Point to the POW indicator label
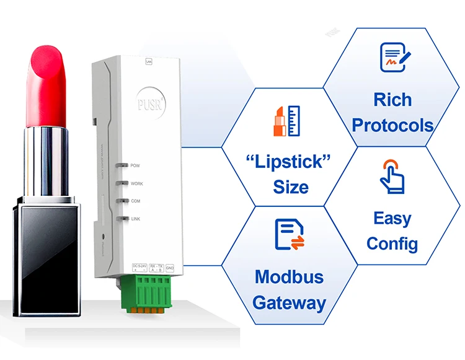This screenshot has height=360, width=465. coord(136,165)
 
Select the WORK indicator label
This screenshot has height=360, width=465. coord(137,183)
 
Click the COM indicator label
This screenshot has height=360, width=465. coord(136,201)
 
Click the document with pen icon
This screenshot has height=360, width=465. coord(395,58)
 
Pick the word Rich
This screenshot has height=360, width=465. coord(392,99)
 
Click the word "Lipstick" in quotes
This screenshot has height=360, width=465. coord(289,162)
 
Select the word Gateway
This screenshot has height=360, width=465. coord(289,303)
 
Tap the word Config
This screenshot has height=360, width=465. coord(392,243)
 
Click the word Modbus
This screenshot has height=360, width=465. coord(289,276)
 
